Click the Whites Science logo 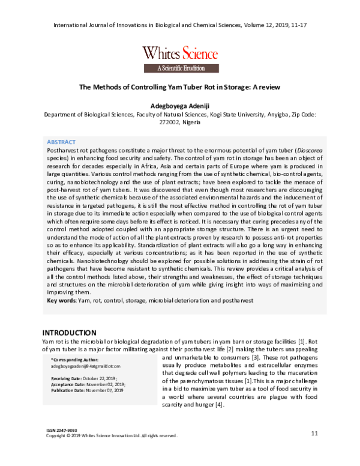(180, 52)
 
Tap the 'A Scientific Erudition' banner (180, 68)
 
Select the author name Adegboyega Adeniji (180, 103)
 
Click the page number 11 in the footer (314, 434)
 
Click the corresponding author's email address (86, 365)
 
